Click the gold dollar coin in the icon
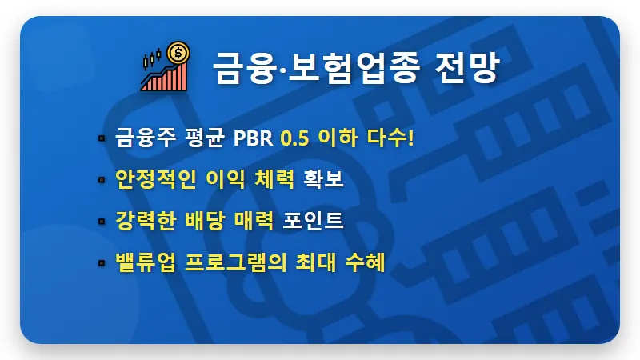[x=179, y=54]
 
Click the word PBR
[x=254, y=137]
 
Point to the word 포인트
[x=314, y=220]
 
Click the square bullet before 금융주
[x=102, y=138]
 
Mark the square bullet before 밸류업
[x=102, y=262]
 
